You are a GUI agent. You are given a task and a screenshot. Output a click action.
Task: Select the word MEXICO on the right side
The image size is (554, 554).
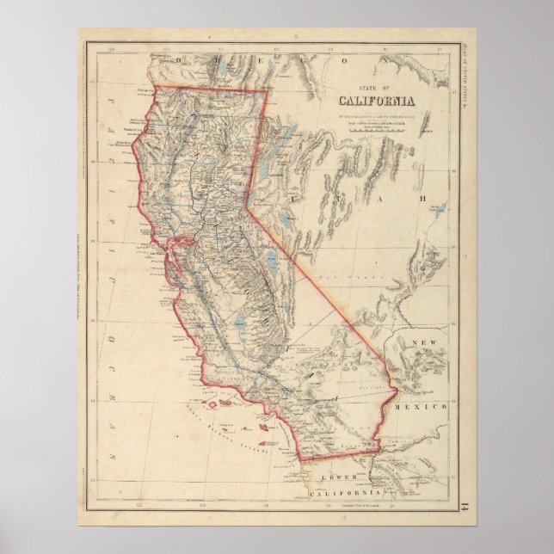[420, 404]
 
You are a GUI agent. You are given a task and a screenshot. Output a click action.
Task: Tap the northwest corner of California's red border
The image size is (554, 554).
[153, 87]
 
